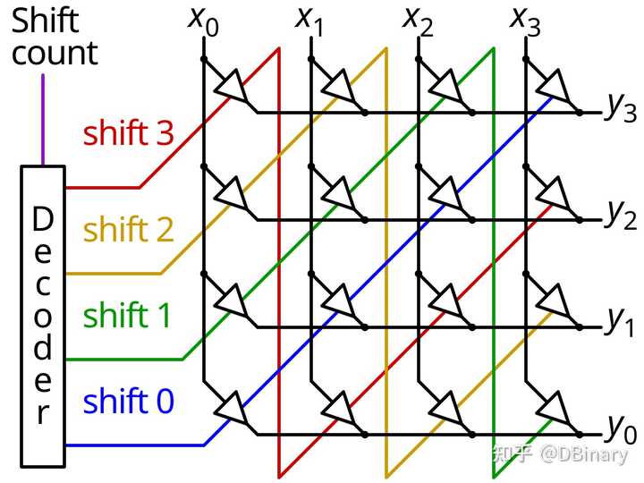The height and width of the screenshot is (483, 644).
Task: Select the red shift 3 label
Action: (x=128, y=133)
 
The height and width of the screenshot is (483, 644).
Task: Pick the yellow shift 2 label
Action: (x=128, y=230)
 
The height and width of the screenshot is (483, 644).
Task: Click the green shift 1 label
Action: (x=128, y=315)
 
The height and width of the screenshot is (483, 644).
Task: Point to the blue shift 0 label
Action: (x=128, y=402)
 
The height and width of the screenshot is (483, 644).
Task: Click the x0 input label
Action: (x=202, y=21)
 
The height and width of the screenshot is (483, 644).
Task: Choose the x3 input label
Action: (x=525, y=21)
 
